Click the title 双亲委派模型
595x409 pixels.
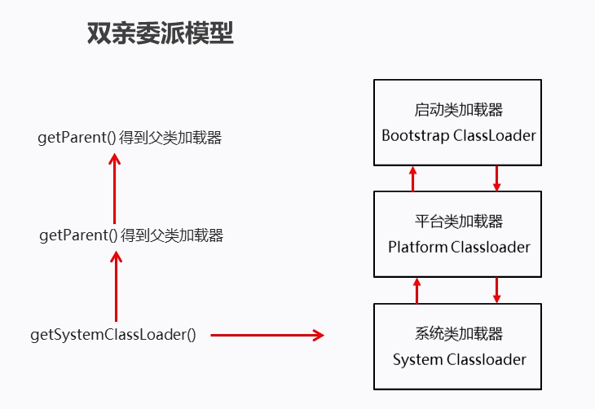pyautogui.click(x=160, y=34)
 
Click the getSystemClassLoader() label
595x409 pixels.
pyautogui.click(x=113, y=335)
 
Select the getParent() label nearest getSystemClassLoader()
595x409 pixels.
pyautogui.click(x=131, y=235)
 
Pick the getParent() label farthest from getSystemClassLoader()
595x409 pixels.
pyautogui.click(x=130, y=138)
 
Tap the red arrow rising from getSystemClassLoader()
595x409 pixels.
pyautogui.click(x=116, y=285)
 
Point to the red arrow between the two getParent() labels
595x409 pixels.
pyautogui.click(x=114, y=187)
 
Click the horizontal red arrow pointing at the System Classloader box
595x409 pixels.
pyautogui.click(x=267, y=335)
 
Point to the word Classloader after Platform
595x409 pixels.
pyautogui.click(x=491, y=247)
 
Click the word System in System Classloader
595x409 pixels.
pyautogui.click(x=417, y=358)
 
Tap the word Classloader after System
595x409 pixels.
pyautogui.click(x=487, y=358)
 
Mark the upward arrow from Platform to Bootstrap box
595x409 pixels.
pyautogui.click(x=413, y=178)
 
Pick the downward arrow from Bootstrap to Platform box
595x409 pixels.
pyautogui.click(x=496, y=178)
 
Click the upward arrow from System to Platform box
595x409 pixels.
pyautogui.click(x=416, y=290)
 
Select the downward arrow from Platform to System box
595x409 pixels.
pyautogui.click(x=496, y=290)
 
